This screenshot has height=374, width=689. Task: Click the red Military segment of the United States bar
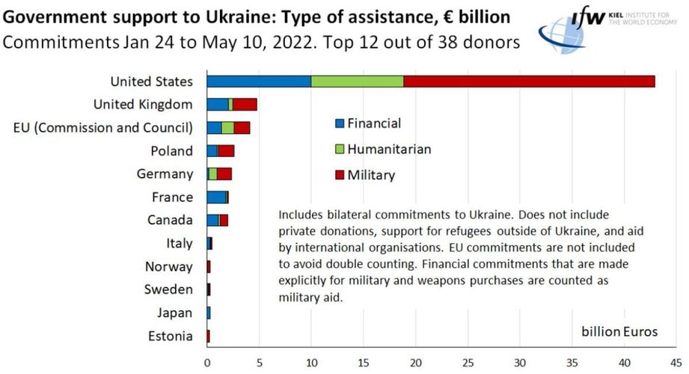click(x=529, y=82)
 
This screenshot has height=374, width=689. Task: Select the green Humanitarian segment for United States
click(x=357, y=82)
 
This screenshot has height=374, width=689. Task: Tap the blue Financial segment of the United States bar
click(x=259, y=82)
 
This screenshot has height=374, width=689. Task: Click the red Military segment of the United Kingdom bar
click(x=245, y=105)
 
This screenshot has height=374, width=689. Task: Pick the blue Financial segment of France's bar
click(x=216, y=197)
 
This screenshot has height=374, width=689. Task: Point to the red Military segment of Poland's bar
click(x=226, y=150)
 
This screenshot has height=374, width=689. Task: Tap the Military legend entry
click(x=366, y=175)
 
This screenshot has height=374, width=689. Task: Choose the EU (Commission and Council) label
click(x=103, y=127)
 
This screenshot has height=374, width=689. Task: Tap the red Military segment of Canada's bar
click(x=224, y=220)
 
